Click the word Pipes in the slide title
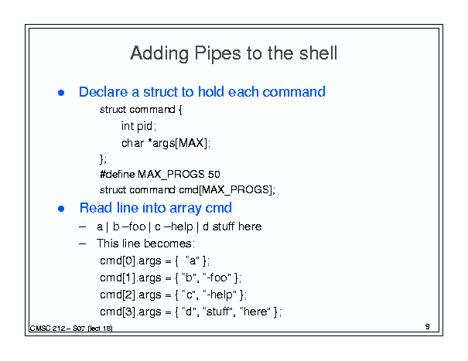(x=217, y=53)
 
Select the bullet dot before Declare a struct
(x=61, y=93)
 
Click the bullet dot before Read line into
(x=61, y=209)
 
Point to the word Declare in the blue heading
(x=104, y=91)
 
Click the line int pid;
(x=138, y=126)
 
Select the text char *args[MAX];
(x=166, y=143)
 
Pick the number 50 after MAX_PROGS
(x=214, y=174)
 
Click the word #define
(x=118, y=174)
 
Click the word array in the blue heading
(x=185, y=208)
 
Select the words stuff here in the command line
(x=237, y=226)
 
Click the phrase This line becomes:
(x=145, y=244)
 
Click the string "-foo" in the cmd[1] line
(x=217, y=278)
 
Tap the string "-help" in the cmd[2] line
(x=220, y=295)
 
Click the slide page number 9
(x=428, y=327)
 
